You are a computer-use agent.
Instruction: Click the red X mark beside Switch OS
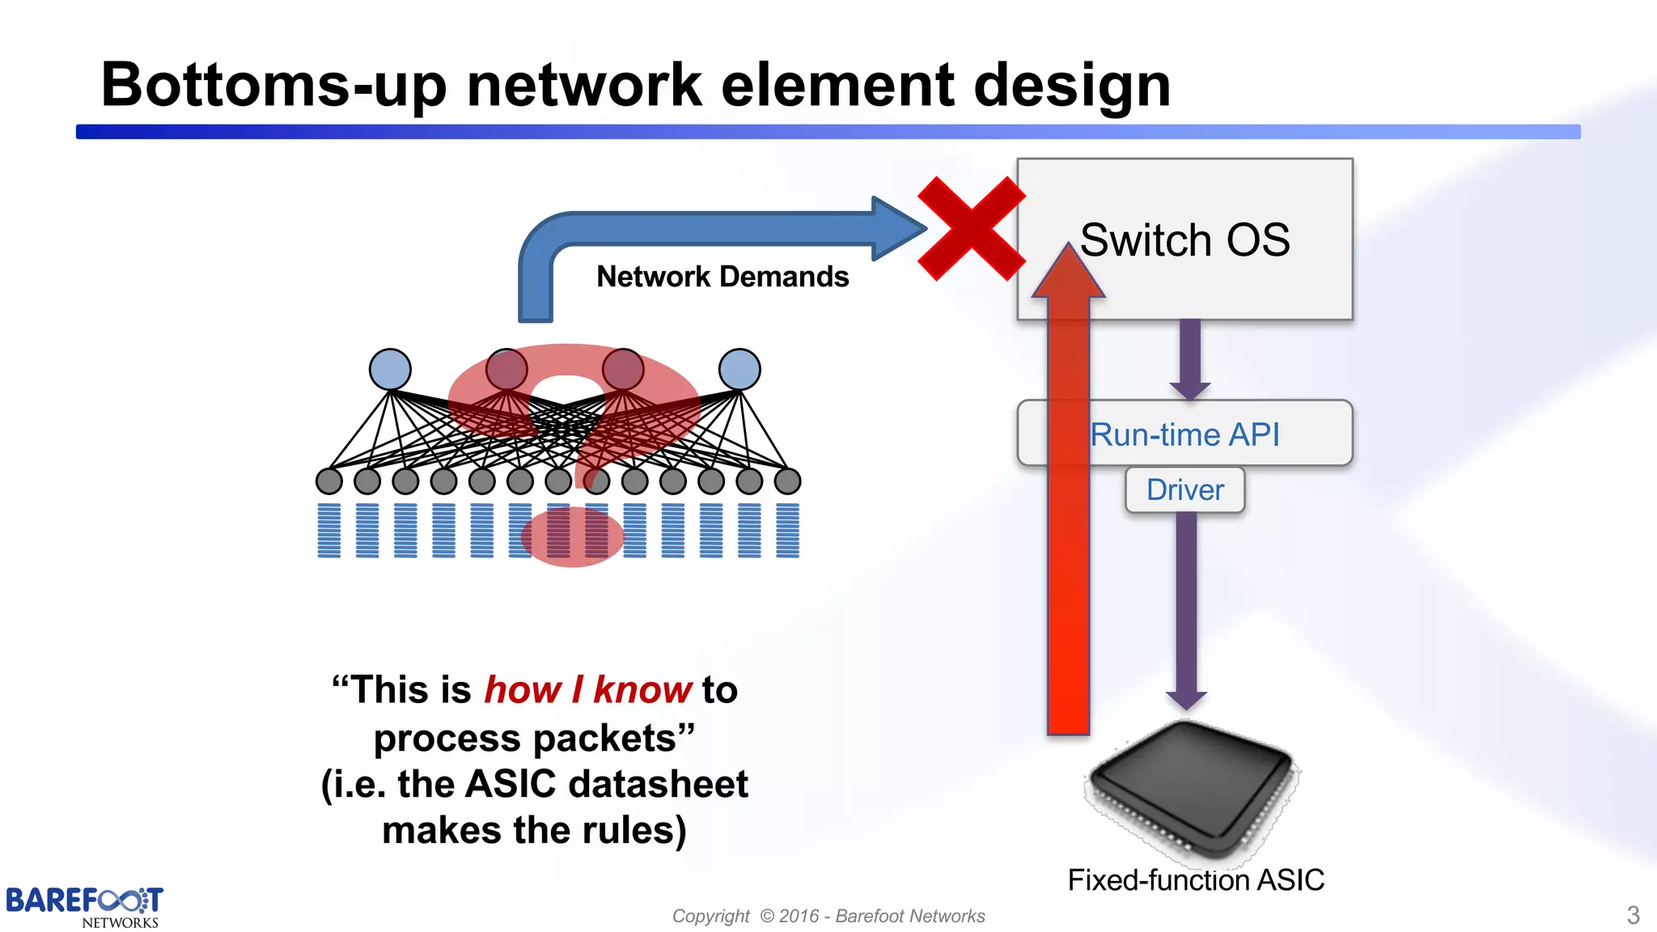tap(971, 228)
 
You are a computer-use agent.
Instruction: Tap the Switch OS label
tap(1184, 240)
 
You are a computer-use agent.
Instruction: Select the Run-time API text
tap(1184, 435)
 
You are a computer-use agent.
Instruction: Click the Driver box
tap(1184, 490)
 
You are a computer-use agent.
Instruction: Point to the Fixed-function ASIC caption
tap(1195, 880)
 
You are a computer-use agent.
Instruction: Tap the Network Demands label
tap(723, 277)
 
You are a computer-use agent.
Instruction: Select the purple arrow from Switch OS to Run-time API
tap(1189, 356)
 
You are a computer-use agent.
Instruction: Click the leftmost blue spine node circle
tap(390, 370)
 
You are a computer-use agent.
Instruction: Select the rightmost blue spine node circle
tap(740, 370)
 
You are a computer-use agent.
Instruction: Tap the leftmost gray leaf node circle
tap(329, 481)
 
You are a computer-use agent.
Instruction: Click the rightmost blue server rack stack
tap(787, 531)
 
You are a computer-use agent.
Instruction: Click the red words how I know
tap(587, 690)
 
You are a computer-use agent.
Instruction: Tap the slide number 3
tap(1633, 915)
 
